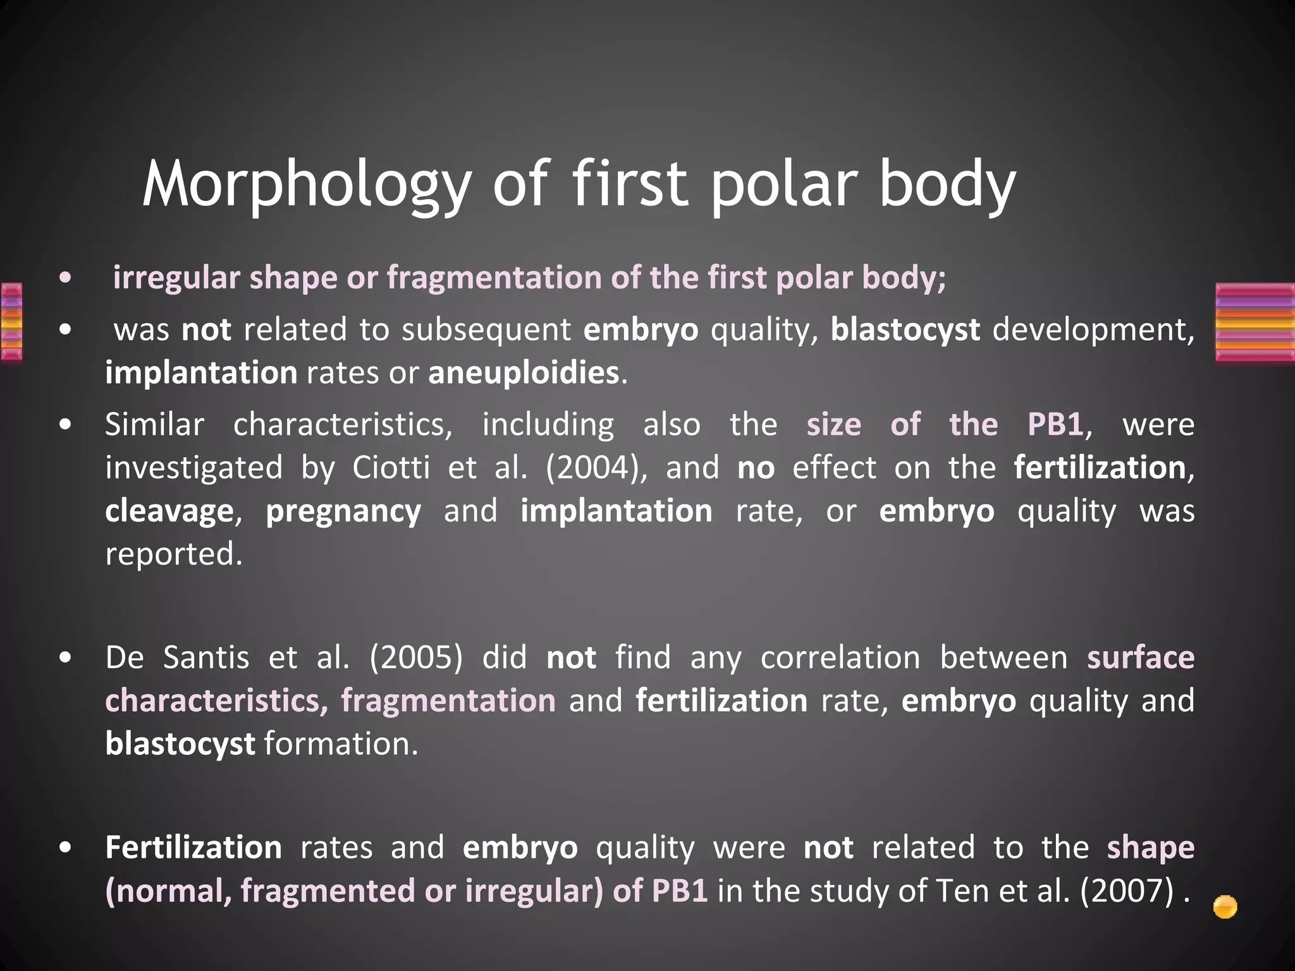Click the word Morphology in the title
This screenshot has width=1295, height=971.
pyautogui.click(x=307, y=185)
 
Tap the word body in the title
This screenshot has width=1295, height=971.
pyautogui.click(x=947, y=185)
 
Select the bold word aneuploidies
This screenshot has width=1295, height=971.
pyautogui.click(x=524, y=373)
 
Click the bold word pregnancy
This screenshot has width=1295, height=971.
pyautogui.click(x=343, y=511)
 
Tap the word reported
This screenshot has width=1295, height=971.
pyautogui.click(x=173, y=554)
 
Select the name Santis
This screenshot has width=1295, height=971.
pyautogui.click(x=206, y=658)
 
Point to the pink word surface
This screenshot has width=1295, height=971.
pyautogui.click(x=1140, y=658)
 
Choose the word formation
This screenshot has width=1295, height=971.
pyautogui.click(x=341, y=744)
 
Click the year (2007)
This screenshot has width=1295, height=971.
pyautogui.click(x=1127, y=891)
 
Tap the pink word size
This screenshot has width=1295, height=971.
pyautogui.click(x=833, y=425)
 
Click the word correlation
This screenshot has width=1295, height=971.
pyautogui.click(x=840, y=658)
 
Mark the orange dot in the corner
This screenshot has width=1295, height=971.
pyautogui.click(x=1225, y=907)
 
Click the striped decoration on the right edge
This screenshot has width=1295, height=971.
pyautogui.click(x=1255, y=322)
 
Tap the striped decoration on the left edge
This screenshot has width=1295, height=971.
pyautogui.click(x=11, y=322)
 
